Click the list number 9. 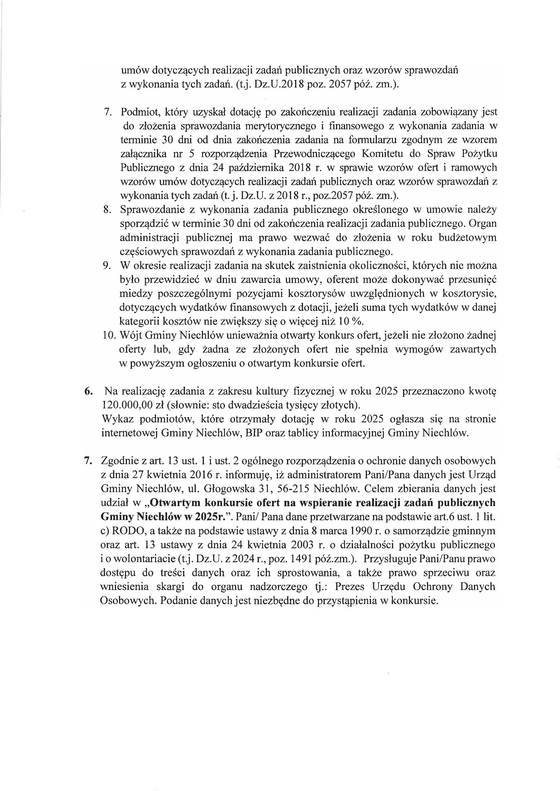point(107,266)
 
